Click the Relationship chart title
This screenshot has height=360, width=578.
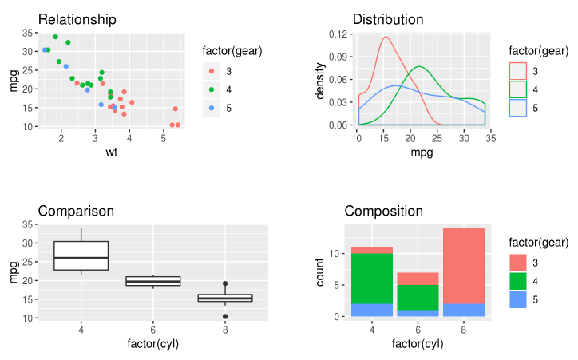pos(77,19)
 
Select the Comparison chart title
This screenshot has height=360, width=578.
pos(76,212)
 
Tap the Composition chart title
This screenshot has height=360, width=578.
pos(383,212)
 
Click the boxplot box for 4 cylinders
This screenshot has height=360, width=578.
pos(81,255)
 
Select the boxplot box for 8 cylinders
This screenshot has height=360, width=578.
pos(225,298)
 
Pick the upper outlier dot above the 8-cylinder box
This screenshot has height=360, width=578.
pos(225,283)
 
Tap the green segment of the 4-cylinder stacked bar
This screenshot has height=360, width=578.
pos(371,279)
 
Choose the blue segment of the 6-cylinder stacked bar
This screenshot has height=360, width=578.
pos(418,313)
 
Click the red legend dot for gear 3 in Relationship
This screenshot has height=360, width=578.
pos(212,72)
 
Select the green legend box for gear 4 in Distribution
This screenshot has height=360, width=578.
pos(519,89)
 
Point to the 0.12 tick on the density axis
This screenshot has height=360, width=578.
pos(340,34)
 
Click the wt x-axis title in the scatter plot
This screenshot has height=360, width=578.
pos(111,152)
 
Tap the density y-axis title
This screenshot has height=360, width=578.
pos(320,80)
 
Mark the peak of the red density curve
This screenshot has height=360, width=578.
pos(386,37)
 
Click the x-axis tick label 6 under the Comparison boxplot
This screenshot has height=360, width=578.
pos(153,330)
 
